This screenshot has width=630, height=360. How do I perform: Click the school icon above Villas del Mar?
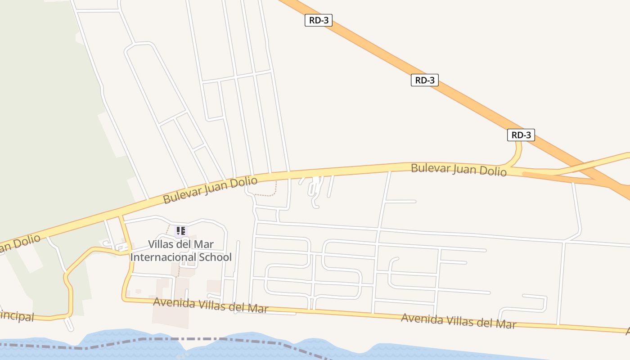(x=180, y=231)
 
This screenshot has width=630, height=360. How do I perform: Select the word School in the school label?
(x=215, y=257)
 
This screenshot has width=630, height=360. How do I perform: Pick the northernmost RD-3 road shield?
(x=319, y=20)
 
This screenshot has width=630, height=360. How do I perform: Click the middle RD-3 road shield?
(x=424, y=81)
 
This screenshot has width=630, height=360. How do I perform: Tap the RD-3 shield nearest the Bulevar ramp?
(x=521, y=135)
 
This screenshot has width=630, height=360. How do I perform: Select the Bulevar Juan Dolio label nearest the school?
(x=210, y=190)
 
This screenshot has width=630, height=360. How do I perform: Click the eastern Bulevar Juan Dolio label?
(x=458, y=170)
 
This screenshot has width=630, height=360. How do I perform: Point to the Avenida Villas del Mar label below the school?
(x=210, y=306)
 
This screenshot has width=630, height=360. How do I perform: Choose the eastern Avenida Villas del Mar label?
(x=458, y=321)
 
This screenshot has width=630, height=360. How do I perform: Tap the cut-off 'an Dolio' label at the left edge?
(x=20, y=243)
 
